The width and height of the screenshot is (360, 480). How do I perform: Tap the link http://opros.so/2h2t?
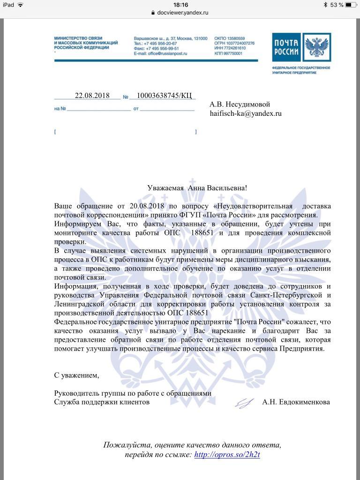227,455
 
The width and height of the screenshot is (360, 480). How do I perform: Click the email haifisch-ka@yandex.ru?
245,113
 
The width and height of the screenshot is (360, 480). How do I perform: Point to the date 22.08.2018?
92,96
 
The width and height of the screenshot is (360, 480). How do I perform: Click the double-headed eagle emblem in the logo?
316,47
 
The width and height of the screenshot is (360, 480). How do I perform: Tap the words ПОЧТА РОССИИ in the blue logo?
286,47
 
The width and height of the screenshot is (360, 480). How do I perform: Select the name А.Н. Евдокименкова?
296,402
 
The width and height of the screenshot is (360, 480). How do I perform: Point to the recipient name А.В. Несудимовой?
240,104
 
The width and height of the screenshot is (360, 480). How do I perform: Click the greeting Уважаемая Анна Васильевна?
197,188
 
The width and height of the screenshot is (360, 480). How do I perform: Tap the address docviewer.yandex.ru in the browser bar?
183,13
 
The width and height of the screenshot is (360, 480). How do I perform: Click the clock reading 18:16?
180,5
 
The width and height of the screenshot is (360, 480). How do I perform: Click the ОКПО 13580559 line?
229,38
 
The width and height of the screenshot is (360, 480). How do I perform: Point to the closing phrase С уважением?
77,375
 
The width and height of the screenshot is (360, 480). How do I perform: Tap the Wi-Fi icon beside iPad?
21,5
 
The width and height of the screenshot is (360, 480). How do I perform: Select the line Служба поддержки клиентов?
102,402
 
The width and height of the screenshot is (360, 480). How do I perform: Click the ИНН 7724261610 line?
230,49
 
